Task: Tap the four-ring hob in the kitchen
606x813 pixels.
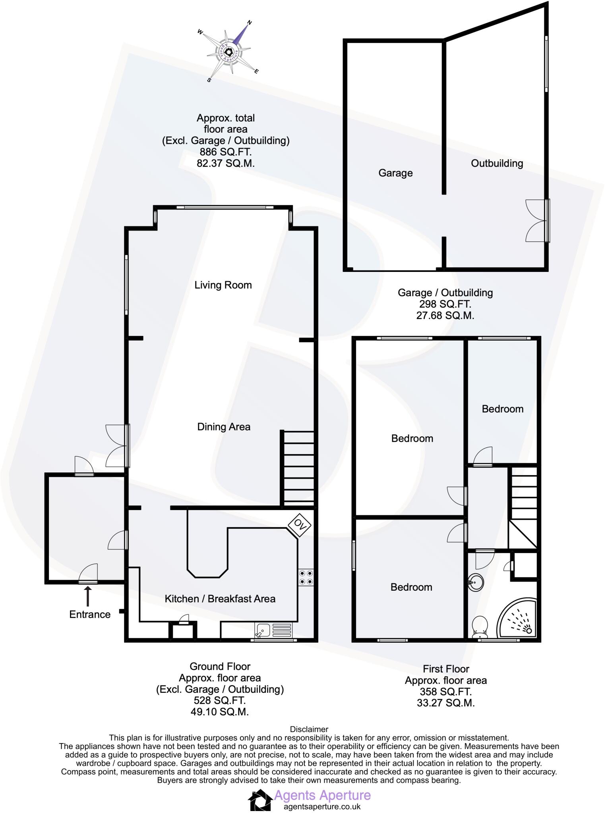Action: (306, 577)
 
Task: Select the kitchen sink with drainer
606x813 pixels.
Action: (273, 630)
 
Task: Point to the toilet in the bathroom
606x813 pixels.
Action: (480, 626)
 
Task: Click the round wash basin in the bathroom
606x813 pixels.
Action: (475, 582)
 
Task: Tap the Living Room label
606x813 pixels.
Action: (223, 285)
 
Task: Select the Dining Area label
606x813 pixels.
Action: (224, 427)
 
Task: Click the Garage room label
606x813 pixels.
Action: (395, 173)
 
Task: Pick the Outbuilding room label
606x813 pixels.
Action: (497, 163)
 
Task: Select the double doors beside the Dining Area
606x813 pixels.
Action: (118, 445)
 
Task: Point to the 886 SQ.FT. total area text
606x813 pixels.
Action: (225, 152)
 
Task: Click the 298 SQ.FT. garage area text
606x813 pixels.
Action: (445, 304)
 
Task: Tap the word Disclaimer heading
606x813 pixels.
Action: (309, 729)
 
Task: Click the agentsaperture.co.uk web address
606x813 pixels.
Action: (322, 807)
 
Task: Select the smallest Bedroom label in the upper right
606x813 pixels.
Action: (502, 409)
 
